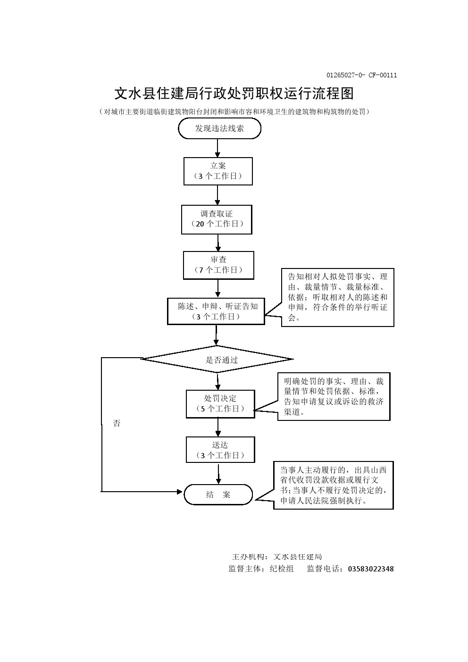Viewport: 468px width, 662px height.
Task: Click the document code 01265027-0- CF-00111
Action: point(361,75)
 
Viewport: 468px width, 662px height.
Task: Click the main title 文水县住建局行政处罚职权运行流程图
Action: point(234,93)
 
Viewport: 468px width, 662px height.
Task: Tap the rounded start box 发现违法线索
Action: point(219,128)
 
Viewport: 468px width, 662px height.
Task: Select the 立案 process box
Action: point(218,171)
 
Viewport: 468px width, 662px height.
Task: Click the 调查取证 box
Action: point(217,219)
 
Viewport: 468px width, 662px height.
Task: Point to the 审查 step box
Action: point(218,265)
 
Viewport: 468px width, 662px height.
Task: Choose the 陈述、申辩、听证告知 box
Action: point(216,311)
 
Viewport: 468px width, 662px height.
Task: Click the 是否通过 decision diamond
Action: point(217,360)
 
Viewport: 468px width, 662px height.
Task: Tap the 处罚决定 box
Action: point(220,403)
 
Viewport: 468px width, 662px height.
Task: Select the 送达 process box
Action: point(220,450)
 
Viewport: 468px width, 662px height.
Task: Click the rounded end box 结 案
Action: point(218,494)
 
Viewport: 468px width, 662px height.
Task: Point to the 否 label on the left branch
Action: point(117,423)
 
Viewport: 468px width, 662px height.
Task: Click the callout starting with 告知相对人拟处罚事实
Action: point(337,297)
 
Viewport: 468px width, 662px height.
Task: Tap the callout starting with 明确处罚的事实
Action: point(334,396)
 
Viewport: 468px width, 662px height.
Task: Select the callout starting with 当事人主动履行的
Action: point(334,486)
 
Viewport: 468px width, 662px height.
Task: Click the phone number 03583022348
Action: point(371,569)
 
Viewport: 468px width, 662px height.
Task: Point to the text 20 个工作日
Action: point(217,224)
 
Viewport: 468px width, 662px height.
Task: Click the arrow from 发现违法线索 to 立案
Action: point(217,148)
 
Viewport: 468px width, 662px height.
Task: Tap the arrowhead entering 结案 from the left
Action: point(180,492)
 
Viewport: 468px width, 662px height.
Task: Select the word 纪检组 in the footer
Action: point(282,569)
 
